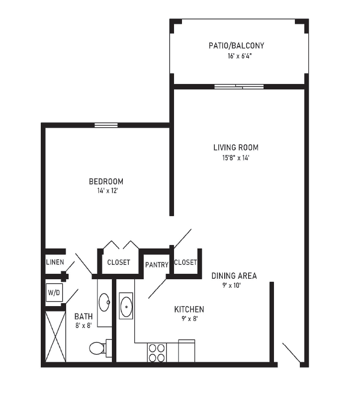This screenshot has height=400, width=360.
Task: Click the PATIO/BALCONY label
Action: (236, 46)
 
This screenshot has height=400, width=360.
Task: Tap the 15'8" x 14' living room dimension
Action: (236, 158)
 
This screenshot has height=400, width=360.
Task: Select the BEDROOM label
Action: (106, 181)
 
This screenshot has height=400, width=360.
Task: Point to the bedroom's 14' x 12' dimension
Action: (107, 191)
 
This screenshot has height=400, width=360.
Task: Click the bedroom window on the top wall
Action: (106, 125)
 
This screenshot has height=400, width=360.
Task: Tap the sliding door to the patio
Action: (239, 86)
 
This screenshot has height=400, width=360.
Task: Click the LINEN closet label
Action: (55, 262)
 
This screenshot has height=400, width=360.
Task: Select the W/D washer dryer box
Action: (54, 293)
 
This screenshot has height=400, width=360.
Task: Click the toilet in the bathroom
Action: (100, 348)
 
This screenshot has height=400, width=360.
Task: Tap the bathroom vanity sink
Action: (104, 302)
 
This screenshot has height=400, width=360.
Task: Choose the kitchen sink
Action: (126, 306)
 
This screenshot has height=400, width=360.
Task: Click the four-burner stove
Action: (157, 353)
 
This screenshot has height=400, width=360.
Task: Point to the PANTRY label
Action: (157, 265)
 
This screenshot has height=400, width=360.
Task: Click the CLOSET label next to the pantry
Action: (185, 262)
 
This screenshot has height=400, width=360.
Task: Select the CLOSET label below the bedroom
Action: (119, 262)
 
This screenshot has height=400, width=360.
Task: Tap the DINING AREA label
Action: (234, 276)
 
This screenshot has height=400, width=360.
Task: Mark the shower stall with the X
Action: (55, 336)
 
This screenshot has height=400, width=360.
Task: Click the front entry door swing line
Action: (291, 353)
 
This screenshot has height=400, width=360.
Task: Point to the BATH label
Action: (84, 317)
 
